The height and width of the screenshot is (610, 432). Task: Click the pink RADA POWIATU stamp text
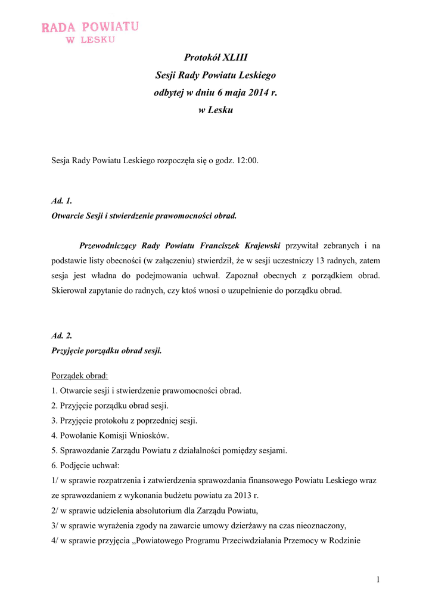(90, 27)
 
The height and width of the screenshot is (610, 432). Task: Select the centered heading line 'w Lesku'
(216, 110)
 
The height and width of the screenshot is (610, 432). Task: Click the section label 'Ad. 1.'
(62, 201)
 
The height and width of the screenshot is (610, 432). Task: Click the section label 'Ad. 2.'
(62, 336)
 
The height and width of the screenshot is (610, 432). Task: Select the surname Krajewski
(259, 245)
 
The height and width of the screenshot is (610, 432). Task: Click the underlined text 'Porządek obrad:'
(80, 376)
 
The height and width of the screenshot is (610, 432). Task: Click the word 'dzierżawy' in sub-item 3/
(262, 525)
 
